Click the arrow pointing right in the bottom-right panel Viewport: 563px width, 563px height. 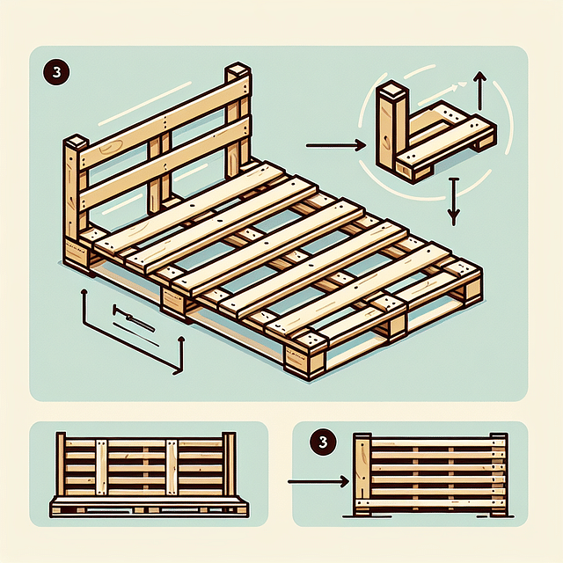[317, 481]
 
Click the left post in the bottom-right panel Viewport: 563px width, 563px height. [362, 475]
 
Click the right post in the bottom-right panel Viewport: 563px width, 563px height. [499, 475]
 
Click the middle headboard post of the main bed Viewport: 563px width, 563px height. [158, 176]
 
